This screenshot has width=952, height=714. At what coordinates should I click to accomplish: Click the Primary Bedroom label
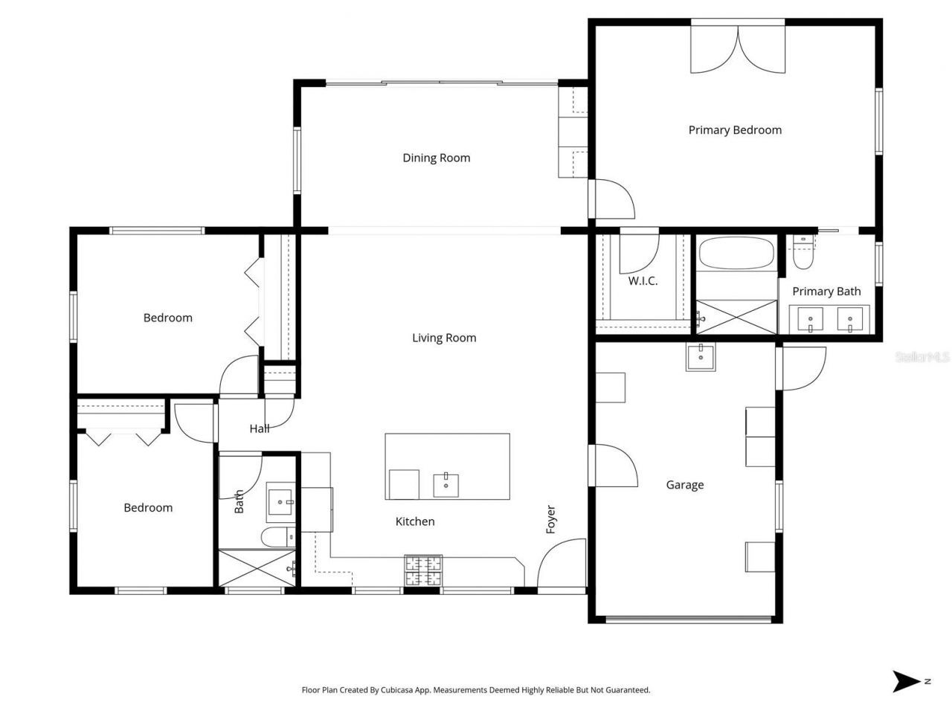pos(735,130)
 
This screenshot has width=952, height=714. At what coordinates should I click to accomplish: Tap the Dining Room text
pos(436,158)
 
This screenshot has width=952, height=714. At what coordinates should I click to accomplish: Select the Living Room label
pos(444,338)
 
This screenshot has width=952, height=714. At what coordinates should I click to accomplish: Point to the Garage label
pos(684,485)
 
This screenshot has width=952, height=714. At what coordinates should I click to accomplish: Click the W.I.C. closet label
pos(643,281)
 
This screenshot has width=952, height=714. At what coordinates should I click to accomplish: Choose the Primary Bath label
pos(826,292)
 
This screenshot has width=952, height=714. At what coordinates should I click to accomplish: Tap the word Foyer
pos(551,519)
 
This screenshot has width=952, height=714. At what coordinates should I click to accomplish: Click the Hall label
pos(259,428)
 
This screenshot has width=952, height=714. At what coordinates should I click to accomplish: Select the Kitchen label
pos(414,521)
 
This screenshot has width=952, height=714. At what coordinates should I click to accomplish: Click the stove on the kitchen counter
pos(422,571)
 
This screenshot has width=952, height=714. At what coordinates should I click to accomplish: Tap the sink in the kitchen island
pos(446,485)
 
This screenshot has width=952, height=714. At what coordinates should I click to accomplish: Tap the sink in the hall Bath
pos(281,502)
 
